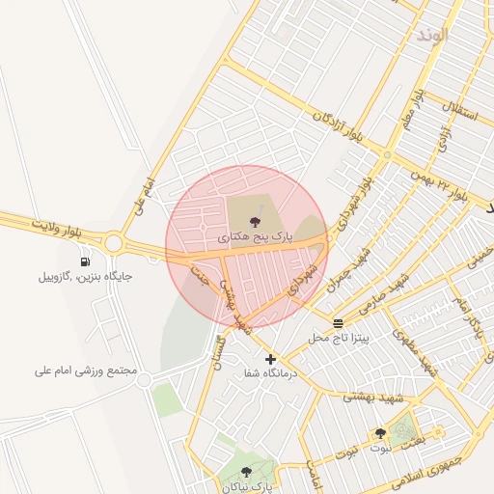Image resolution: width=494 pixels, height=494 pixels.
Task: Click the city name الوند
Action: [x=433, y=35]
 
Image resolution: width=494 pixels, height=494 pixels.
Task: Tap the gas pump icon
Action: [x=86, y=261]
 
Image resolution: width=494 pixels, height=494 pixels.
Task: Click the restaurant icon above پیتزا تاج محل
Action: [x=338, y=323]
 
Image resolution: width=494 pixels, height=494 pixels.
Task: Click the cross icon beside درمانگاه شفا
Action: [x=270, y=359]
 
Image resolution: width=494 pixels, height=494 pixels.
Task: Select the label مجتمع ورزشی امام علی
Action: [x=86, y=370]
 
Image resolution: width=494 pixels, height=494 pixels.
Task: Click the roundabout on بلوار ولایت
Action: [x=114, y=242]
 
